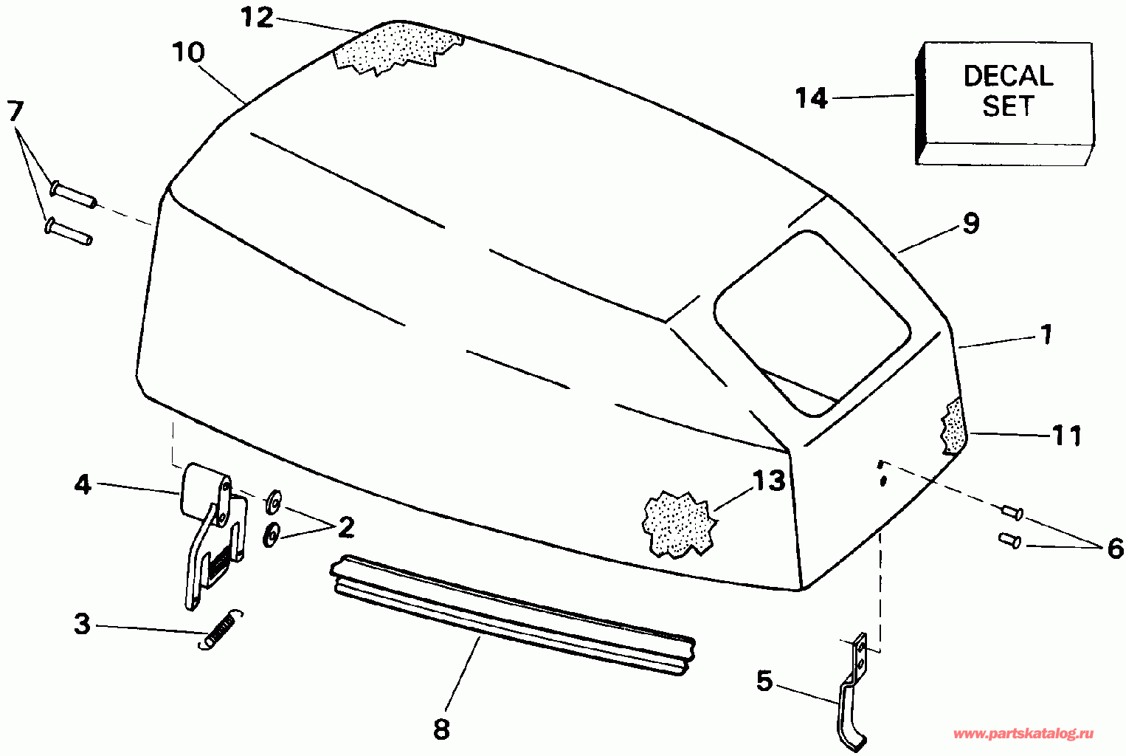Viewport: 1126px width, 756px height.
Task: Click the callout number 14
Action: point(812,98)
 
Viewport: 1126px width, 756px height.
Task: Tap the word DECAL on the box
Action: point(1008,76)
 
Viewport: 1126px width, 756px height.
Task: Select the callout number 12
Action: point(258,18)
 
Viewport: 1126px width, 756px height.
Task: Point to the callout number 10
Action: point(188,52)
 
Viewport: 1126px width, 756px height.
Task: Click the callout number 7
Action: point(15,112)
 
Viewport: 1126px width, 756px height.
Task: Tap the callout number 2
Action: point(345,527)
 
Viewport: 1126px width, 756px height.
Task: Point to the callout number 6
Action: point(1114,549)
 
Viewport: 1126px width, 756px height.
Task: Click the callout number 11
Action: point(1066,436)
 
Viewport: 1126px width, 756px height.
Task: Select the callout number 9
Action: point(970,223)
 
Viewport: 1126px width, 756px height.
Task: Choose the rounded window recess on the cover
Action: point(812,321)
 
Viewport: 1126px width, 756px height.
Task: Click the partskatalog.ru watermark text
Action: point(1023,734)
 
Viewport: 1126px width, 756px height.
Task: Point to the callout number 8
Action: point(441,729)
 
